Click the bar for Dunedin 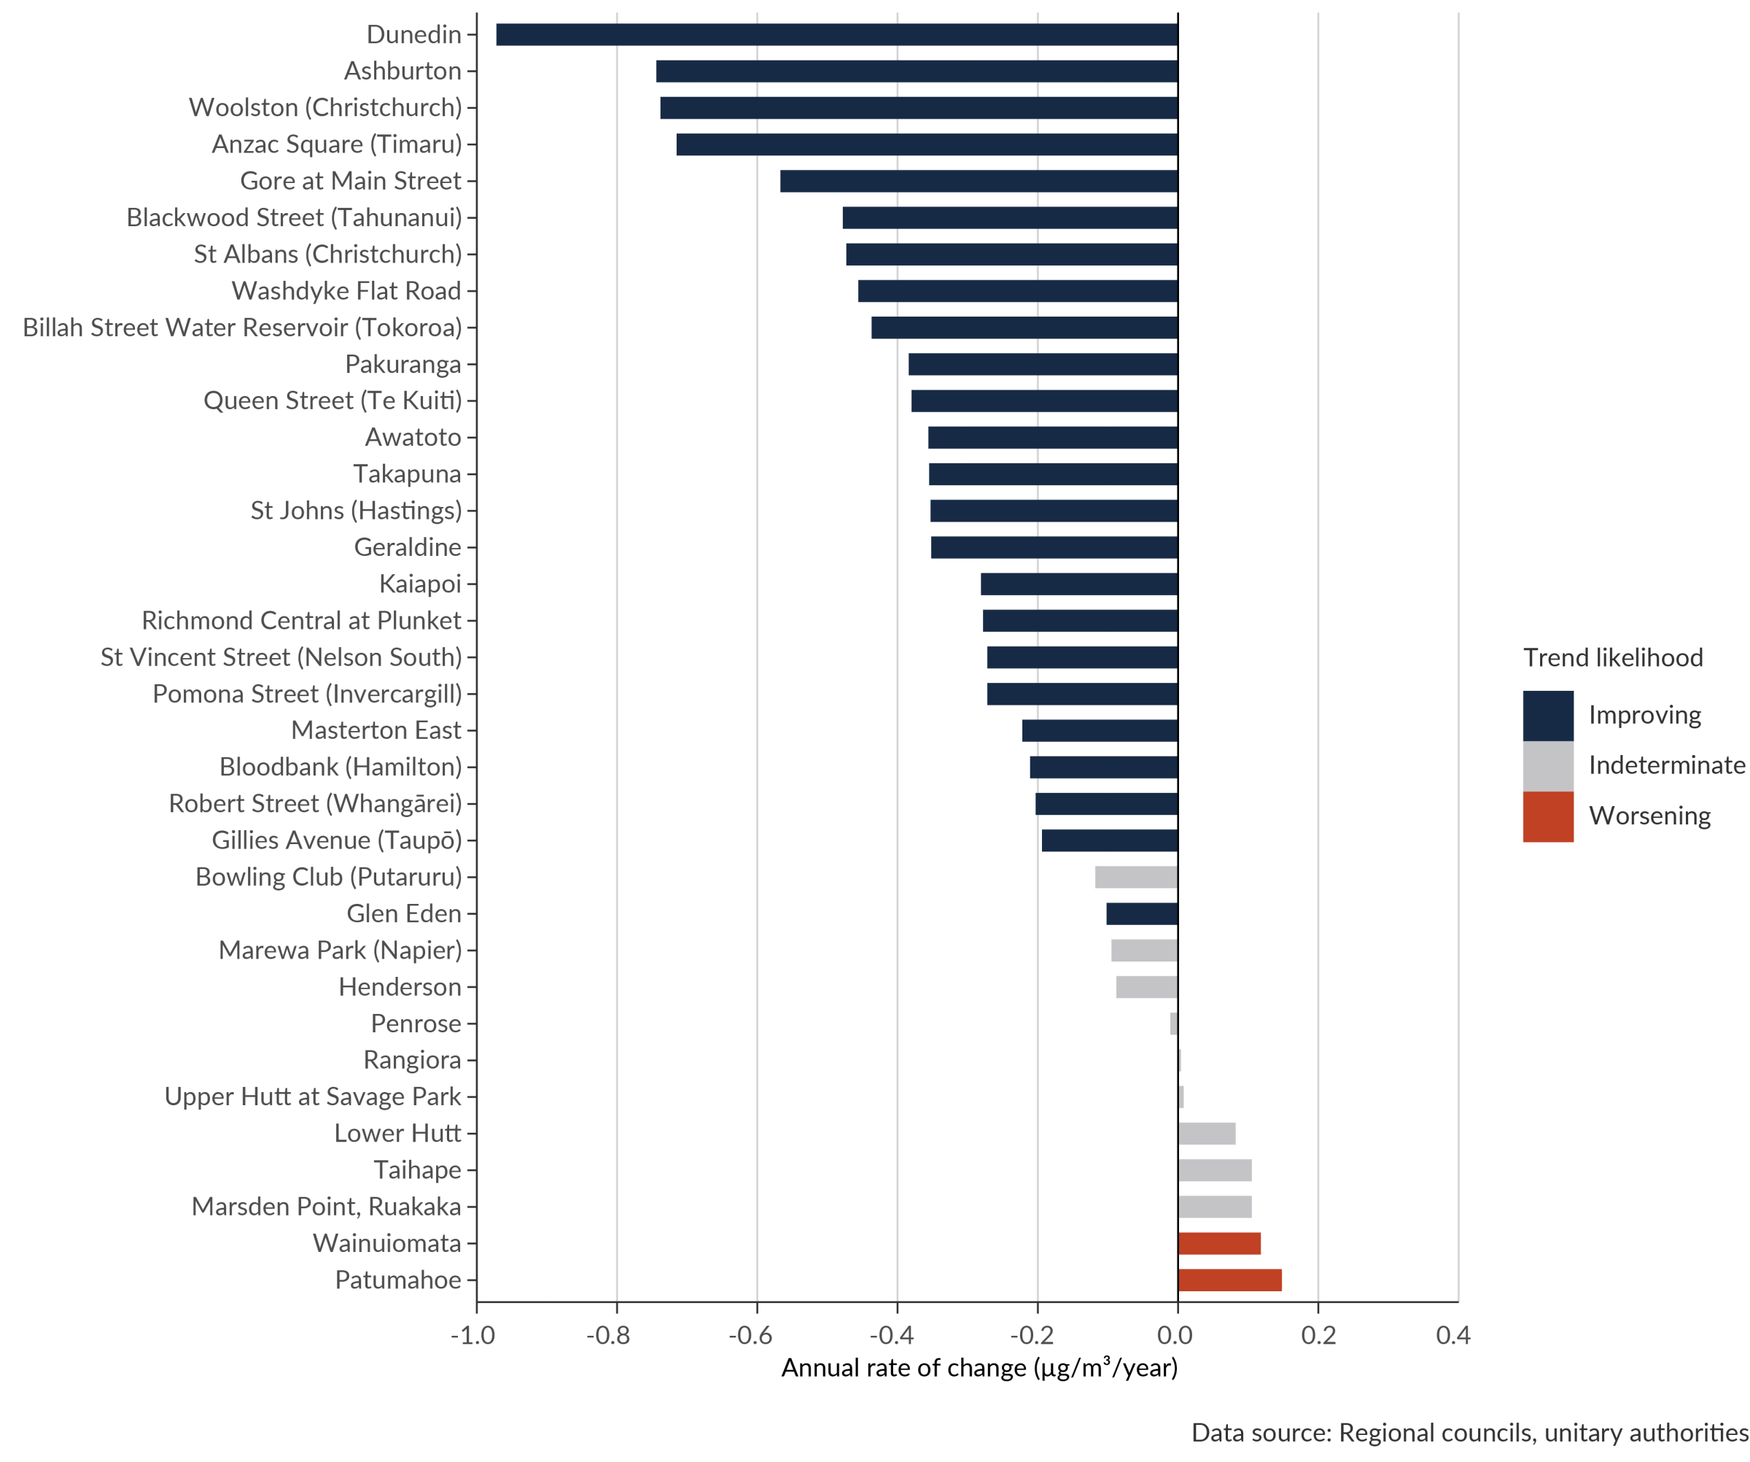(836, 35)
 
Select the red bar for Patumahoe (1230, 1280)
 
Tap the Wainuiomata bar (1220, 1244)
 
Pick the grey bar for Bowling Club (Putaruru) (1136, 877)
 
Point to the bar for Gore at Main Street (978, 181)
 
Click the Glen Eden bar (1142, 913)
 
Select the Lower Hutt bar (1207, 1134)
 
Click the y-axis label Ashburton (402, 71)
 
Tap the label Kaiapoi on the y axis (420, 584)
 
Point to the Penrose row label (416, 1024)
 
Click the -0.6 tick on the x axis (751, 1336)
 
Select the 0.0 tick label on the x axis (1175, 1336)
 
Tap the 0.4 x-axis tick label (1453, 1336)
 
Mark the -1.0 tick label (472, 1336)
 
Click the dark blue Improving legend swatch (1547, 715)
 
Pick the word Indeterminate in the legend (1667, 765)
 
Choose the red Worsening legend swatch (1547, 817)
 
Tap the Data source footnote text (1470, 1433)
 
